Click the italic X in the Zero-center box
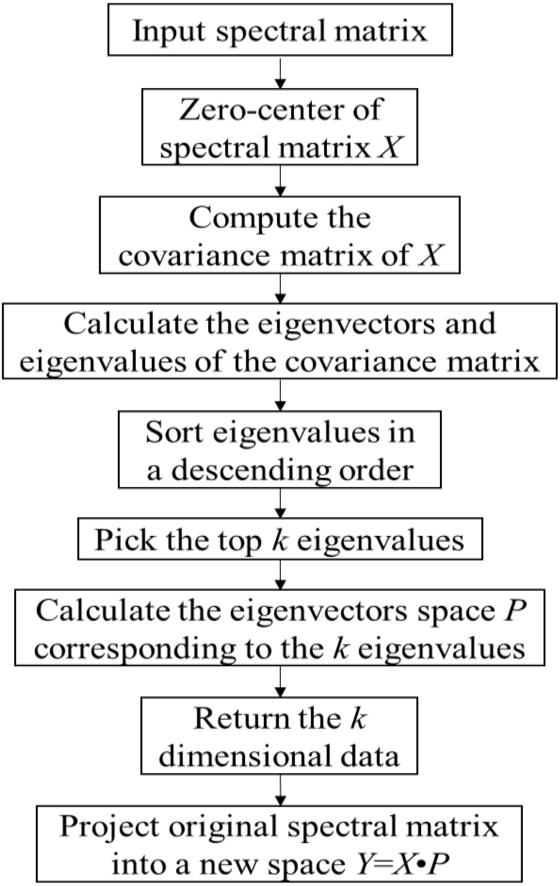point(390,147)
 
